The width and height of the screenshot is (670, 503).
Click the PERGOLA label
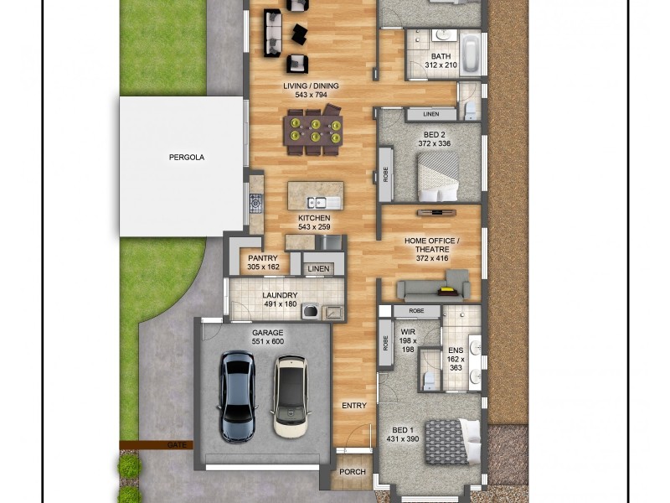(x=186, y=157)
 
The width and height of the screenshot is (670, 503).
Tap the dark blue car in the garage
(x=237, y=396)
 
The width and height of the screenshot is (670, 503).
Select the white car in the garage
(x=290, y=396)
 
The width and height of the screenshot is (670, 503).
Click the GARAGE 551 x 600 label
(x=268, y=337)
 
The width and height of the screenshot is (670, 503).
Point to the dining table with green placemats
(x=313, y=132)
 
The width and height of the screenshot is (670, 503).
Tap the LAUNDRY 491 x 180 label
(x=280, y=300)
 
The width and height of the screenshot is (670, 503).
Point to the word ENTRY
(x=354, y=406)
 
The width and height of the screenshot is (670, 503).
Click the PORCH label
(x=353, y=472)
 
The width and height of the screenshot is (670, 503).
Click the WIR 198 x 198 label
(x=407, y=338)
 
